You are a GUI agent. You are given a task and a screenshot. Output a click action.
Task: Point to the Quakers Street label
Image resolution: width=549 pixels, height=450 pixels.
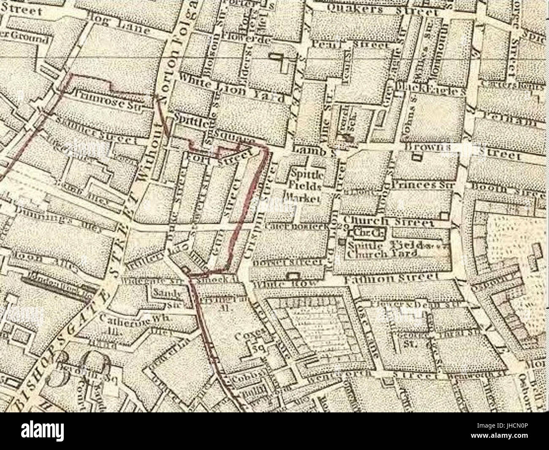[382, 9]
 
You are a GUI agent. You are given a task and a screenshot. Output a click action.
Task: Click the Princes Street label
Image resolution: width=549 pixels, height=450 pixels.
[422, 185]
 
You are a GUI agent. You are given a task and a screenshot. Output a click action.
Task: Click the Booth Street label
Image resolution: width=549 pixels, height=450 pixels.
[507, 186]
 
